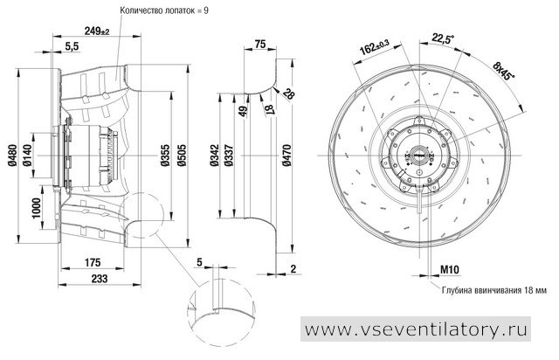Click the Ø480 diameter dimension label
click(12, 156)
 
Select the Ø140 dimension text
click(27, 156)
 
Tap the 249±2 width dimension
click(97, 31)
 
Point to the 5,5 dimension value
click(72, 46)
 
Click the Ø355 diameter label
click(165, 156)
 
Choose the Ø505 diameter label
click(181, 156)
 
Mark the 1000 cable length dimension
click(37, 209)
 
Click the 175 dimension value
click(93, 263)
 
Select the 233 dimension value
click(100, 278)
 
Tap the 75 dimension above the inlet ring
click(260, 44)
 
